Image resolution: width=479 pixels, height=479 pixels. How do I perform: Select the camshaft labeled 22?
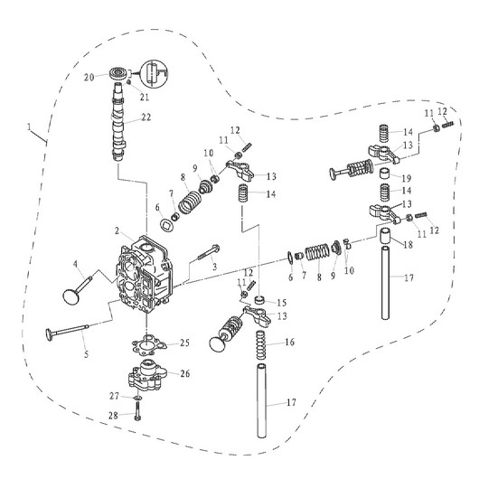click(120, 122)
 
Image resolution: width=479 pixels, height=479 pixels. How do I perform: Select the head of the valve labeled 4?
click(70, 294)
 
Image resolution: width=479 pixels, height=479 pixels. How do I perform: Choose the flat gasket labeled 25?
click(148, 344)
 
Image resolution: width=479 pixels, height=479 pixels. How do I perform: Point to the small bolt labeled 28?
click(136, 416)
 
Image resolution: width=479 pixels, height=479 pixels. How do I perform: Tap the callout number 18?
click(411, 245)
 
